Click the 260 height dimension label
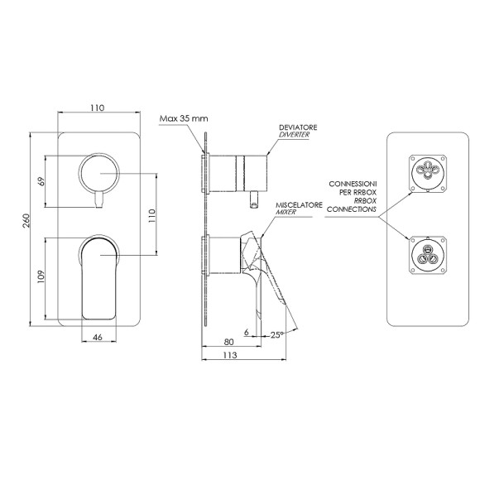[x=26, y=220]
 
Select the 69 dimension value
[x=41, y=181]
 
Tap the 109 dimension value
[x=41, y=276]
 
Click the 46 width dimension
[x=98, y=337]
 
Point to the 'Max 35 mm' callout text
[x=184, y=118]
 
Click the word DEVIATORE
[x=298, y=127]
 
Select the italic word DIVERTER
[x=294, y=135]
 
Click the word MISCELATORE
[x=299, y=204]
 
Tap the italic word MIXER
[x=286, y=212]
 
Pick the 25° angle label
[x=277, y=335]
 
